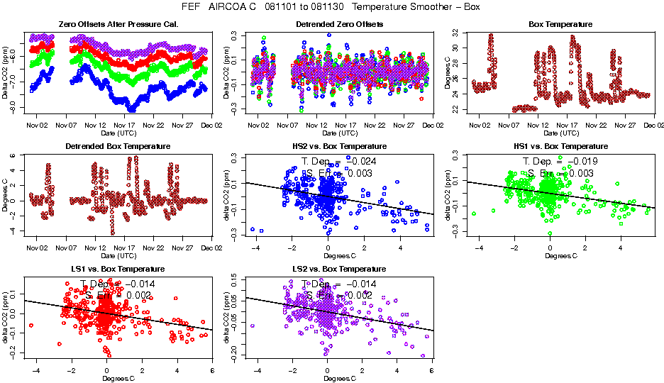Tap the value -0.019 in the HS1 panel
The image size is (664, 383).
click(x=583, y=161)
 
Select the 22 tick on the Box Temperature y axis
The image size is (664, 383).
click(x=455, y=109)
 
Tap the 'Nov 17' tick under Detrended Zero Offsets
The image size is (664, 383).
click(x=346, y=126)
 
